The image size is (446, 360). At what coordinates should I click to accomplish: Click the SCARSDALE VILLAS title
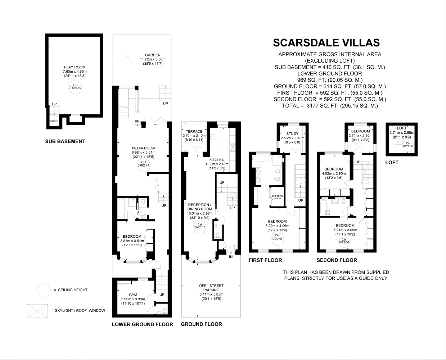point(326,42)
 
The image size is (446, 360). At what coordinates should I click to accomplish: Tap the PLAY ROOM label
point(75,67)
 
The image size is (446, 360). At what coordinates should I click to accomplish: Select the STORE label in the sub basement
point(54,121)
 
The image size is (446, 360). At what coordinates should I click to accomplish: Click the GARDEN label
point(153,55)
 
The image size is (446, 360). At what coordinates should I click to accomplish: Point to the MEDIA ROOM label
point(143,148)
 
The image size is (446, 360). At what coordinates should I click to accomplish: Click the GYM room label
point(133,295)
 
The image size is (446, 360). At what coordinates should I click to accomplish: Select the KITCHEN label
point(217,160)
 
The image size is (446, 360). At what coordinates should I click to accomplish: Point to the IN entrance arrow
point(231,255)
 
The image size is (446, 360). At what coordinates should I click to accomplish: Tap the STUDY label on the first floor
point(292,133)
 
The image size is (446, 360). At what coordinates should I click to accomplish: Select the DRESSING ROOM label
point(278,197)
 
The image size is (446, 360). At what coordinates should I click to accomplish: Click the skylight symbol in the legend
point(37,311)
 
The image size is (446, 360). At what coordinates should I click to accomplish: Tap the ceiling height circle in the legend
point(44,290)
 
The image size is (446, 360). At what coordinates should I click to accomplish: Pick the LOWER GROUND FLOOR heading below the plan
point(142,324)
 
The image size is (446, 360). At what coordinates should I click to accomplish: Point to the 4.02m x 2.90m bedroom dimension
point(334,173)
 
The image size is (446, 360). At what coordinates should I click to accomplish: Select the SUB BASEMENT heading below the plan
point(65,141)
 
